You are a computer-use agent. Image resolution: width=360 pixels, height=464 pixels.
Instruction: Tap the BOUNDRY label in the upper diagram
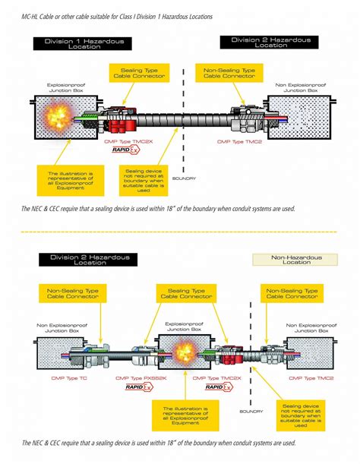click(x=185, y=179)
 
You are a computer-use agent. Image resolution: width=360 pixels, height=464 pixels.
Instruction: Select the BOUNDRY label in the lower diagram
click(x=251, y=412)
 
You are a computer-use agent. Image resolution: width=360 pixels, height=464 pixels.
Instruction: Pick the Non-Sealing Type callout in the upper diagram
click(x=230, y=74)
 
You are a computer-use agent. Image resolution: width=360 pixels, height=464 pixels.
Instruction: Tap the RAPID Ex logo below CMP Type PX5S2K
click(x=138, y=388)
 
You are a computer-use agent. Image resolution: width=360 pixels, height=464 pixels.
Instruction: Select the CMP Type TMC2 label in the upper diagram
click(x=235, y=140)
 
